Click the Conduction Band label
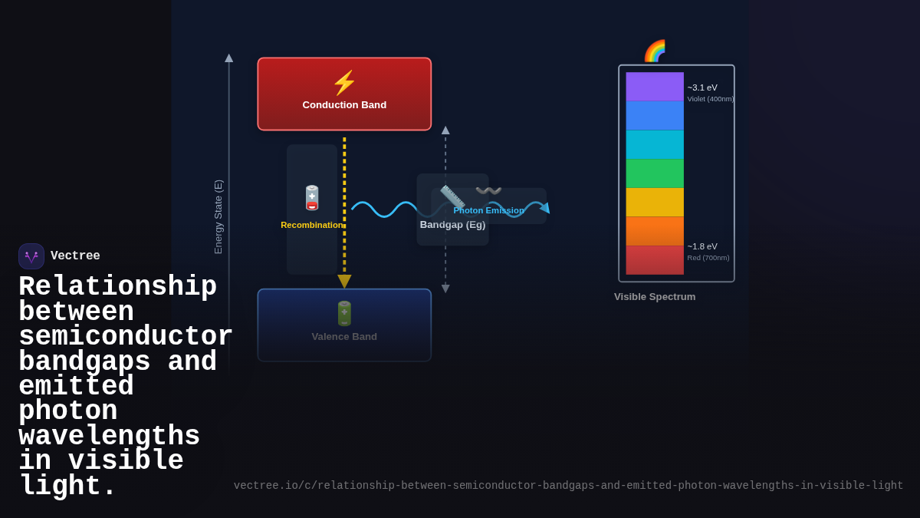tap(344, 105)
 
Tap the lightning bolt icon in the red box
tap(344, 83)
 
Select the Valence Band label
tap(344, 336)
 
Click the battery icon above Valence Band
tap(344, 313)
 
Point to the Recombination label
tap(312, 225)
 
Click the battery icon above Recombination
tap(312, 198)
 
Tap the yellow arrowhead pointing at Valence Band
tap(344, 282)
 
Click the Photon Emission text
tap(488, 210)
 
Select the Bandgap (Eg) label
tap(452, 225)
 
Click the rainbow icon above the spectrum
tap(655, 51)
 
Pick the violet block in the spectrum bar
tap(655, 87)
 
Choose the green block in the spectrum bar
tap(655, 173)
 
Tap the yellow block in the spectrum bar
tap(655, 203)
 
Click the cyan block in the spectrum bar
tap(655, 144)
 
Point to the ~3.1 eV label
tap(702, 87)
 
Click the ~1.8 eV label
tap(702, 246)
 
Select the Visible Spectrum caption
tap(655, 297)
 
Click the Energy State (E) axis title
tap(219, 217)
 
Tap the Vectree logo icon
tap(31, 256)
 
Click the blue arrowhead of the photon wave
tap(545, 207)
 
